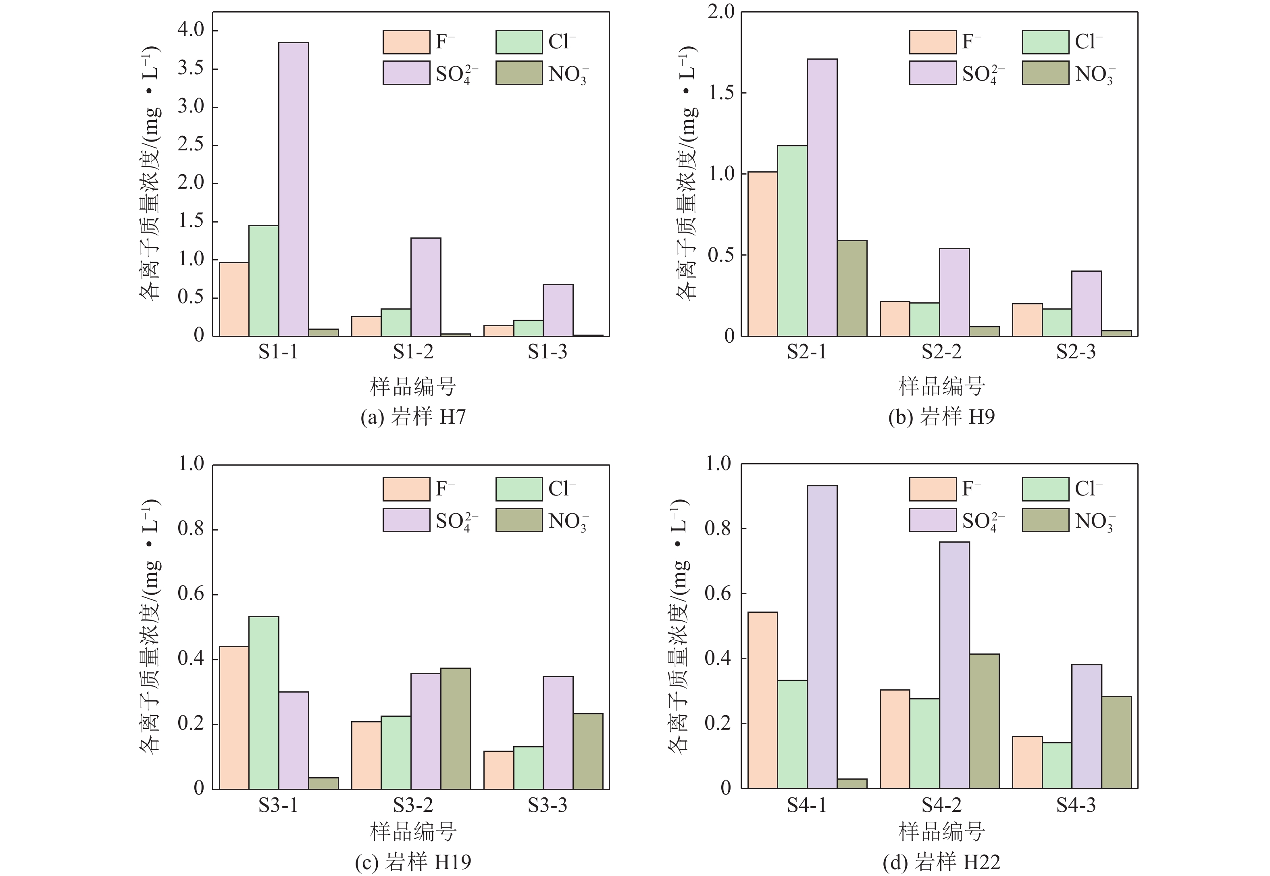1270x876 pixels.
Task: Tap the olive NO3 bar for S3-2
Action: (x=456, y=728)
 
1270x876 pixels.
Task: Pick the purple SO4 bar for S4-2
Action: (x=954, y=665)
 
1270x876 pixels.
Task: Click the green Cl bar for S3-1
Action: (x=264, y=703)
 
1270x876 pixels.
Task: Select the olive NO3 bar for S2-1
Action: (x=852, y=288)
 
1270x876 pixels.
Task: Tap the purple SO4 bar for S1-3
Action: (x=558, y=310)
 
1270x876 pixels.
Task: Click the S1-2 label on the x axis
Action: (x=413, y=352)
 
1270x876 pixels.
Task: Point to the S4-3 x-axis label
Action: (x=1076, y=805)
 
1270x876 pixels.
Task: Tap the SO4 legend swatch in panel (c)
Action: (x=406, y=520)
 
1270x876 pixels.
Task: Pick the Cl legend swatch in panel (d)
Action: (x=1045, y=489)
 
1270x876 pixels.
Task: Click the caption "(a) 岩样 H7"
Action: (x=413, y=417)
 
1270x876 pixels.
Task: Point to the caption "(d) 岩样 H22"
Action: (x=941, y=862)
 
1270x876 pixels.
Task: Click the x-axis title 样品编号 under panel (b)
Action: (x=941, y=387)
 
